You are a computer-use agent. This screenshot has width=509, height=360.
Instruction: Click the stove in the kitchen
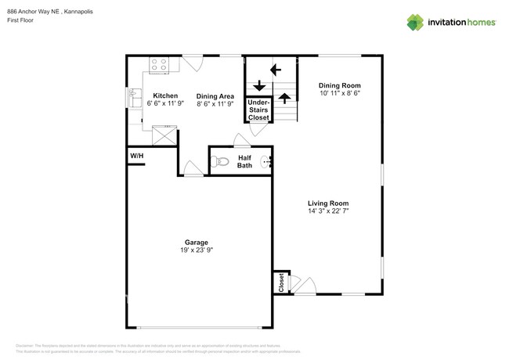click(x=161, y=65)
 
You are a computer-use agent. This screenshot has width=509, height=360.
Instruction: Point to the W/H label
click(x=137, y=157)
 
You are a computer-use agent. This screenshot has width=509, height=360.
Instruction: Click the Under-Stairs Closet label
click(x=258, y=110)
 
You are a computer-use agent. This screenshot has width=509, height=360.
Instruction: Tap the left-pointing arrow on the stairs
click(x=276, y=70)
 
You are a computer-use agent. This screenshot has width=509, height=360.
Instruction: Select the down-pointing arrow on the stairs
click(x=256, y=86)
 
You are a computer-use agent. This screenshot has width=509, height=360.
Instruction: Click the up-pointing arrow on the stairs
click(x=285, y=99)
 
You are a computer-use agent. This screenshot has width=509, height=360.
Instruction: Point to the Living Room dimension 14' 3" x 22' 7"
click(x=327, y=211)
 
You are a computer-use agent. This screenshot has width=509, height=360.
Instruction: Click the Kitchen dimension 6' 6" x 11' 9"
click(x=165, y=103)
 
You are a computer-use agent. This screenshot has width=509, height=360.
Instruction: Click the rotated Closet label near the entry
click(x=280, y=283)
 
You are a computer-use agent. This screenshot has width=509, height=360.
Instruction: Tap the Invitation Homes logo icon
click(x=414, y=23)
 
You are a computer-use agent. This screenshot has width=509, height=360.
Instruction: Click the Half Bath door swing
click(x=242, y=141)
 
